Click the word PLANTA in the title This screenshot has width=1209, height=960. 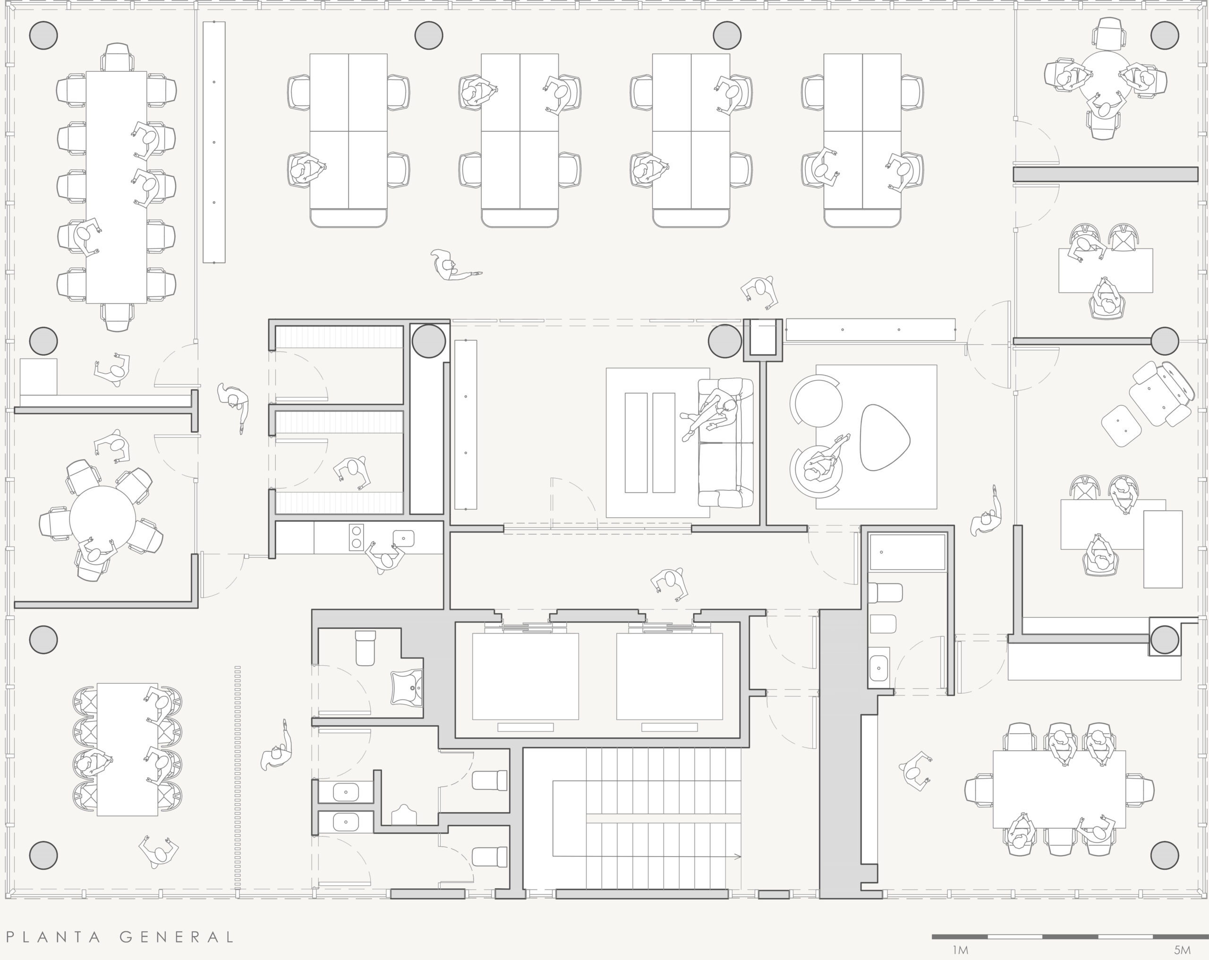pyautogui.click(x=54, y=937)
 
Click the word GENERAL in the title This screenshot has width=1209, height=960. pyautogui.click(x=177, y=937)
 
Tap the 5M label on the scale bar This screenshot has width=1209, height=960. pyautogui.click(x=1182, y=951)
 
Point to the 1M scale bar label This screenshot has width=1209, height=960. pyautogui.click(x=960, y=951)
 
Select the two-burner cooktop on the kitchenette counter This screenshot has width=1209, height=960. pyautogui.click(x=356, y=537)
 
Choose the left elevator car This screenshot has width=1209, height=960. pyautogui.click(x=526, y=676)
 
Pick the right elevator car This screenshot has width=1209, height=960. pyautogui.click(x=670, y=676)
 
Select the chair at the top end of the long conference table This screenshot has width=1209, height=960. pyautogui.click(x=117, y=57)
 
